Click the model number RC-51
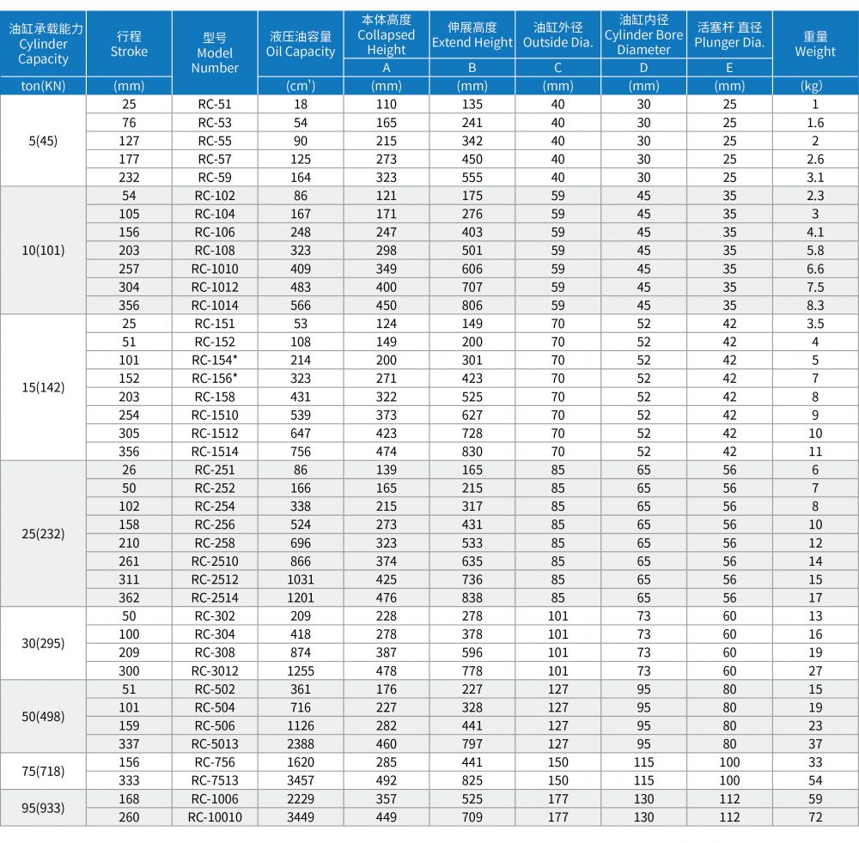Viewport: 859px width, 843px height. pyautogui.click(x=215, y=104)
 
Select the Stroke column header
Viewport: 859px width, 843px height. pyautogui.click(x=130, y=44)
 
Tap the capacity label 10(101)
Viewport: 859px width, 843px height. pyautogui.click(x=43, y=250)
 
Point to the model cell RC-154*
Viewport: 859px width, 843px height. pyautogui.click(x=215, y=361)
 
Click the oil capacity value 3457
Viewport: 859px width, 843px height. pyautogui.click(x=301, y=780)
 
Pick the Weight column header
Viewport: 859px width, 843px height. pyautogui.click(x=815, y=44)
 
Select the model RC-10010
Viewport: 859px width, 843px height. pyautogui.click(x=215, y=817)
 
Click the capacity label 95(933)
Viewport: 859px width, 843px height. pyautogui.click(x=43, y=808)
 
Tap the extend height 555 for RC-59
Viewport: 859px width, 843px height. pyautogui.click(x=472, y=178)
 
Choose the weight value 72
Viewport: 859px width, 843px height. pyautogui.click(x=815, y=817)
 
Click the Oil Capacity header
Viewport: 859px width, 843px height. pyautogui.click(x=301, y=44)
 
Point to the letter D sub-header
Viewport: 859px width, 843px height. pyautogui.click(x=643, y=68)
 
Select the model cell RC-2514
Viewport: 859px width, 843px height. pyautogui.click(x=215, y=597)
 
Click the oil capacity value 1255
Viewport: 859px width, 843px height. pyautogui.click(x=301, y=671)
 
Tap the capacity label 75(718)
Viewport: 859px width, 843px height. pyautogui.click(x=43, y=771)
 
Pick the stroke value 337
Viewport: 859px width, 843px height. pyautogui.click(x=130, y=744)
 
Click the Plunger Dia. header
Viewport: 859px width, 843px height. pyautogui.click(x=729, y=35)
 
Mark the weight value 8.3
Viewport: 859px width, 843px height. pyautogui.click(x=815, y=306)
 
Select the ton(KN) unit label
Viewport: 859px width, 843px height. pyautogui.click(x=43, y=86)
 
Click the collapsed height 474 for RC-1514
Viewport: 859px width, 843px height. pyautogui.click(x=387, y=452)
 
